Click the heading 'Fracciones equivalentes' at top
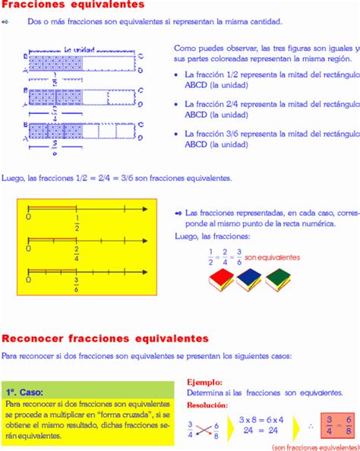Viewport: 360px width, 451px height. [72, 5]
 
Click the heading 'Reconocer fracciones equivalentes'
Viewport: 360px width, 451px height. [105, 338]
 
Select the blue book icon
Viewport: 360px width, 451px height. [250, 282]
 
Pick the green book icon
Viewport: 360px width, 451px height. [279, 281]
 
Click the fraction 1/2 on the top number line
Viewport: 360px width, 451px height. [77, 223]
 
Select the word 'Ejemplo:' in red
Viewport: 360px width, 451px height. [204, 383]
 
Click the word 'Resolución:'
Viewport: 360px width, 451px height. [207, 406]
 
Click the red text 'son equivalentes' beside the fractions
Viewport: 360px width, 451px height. [273, 258]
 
